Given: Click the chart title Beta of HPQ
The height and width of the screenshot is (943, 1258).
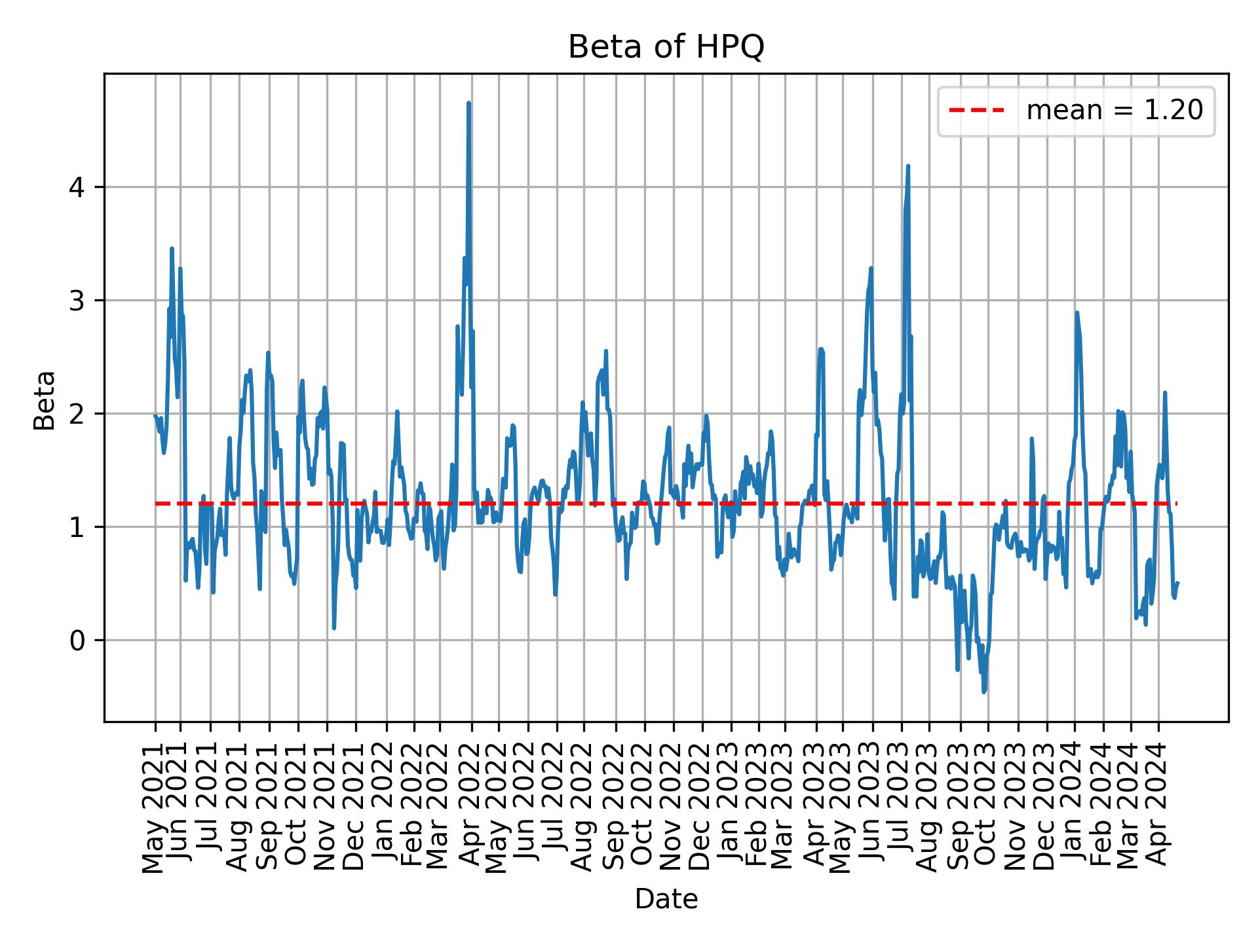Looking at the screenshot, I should (x=666, y=47).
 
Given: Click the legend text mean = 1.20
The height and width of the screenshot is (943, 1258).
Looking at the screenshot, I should (x=1115, y=111).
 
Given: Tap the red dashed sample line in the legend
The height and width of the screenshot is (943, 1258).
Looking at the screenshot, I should (x=976, y=111).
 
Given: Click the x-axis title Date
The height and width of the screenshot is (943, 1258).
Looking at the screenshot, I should (x=666, y=899).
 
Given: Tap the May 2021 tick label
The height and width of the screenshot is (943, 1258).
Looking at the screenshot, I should (x=155, y=808).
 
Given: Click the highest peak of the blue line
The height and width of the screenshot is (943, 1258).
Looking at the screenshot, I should (x=468, y=103).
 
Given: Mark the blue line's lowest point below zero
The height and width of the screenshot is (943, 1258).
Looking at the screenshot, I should (x=984, y=692).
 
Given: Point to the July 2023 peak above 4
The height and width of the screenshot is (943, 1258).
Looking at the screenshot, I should (x=908, y=166).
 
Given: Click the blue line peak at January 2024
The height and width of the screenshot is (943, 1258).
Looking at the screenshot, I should (x=1077, y=313).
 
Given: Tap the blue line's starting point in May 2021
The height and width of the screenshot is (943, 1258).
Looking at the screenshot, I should (x=155, y=415).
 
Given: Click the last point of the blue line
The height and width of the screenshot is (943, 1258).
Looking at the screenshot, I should (x=1177, y=582).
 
